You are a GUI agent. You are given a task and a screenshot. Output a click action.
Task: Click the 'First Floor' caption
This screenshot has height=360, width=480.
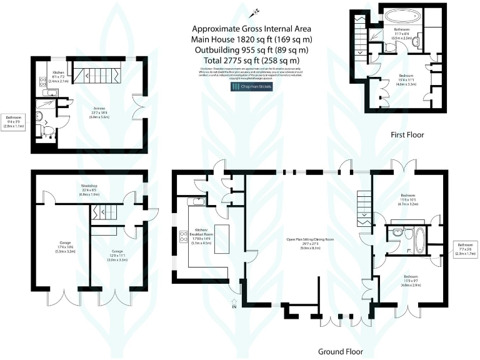click(x=407, y=134)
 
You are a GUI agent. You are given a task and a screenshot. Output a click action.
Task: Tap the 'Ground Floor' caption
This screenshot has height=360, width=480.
click(x=340, y=351)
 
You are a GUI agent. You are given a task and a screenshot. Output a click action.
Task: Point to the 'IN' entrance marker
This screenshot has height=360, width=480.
click(x=234, y=307)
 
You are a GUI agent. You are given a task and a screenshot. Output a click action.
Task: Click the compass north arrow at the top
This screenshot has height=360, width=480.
click(x=254, y=12)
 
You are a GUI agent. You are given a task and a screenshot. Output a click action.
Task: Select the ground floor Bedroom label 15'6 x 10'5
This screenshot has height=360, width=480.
click(x=408, y=200)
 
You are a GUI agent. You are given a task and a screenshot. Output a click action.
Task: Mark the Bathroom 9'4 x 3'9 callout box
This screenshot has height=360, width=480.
click(x=14, y=121)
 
